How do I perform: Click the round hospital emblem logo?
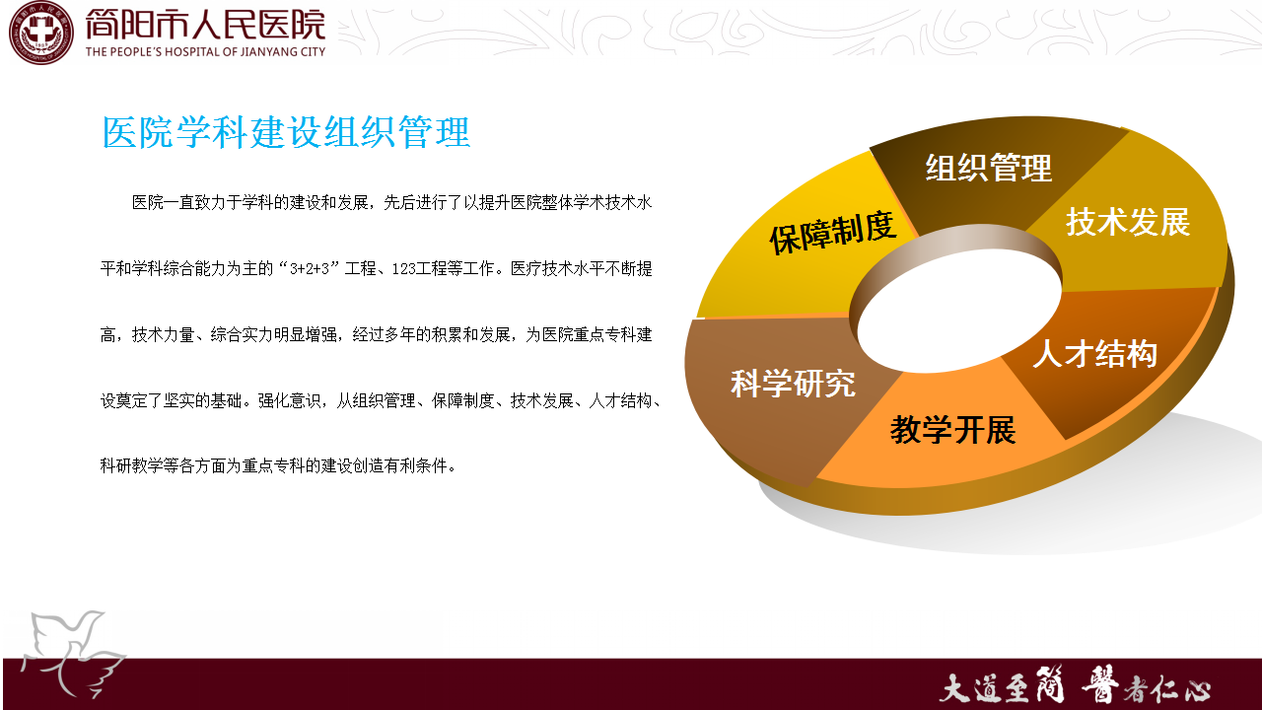41,33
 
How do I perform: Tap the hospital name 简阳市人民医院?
206,25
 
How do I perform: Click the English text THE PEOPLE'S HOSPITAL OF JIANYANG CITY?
206,52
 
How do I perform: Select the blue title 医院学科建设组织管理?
286,132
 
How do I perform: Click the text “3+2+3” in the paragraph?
310,268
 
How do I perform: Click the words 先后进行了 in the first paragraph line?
423,202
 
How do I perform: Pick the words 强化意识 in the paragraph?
290,400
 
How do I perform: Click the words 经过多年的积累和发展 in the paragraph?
431,334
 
